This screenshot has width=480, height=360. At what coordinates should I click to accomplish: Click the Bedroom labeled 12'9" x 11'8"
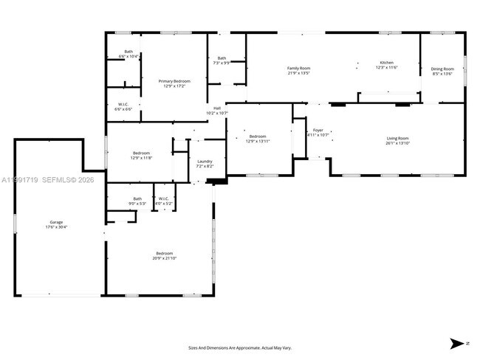click(x=140, y=155)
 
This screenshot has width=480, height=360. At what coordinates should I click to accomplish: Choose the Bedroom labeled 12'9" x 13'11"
click(x=257, y=138)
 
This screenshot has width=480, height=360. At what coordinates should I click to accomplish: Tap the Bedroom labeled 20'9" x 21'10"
click(x=164, y=255)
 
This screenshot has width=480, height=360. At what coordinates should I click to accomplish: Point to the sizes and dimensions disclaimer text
click(x=240, y=347)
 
